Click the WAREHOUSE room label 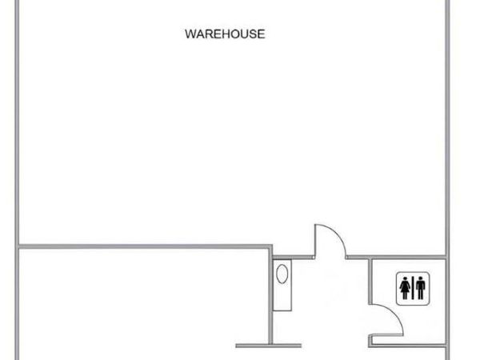225,34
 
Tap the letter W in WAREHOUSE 190,34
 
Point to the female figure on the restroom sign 405,288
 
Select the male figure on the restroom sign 421,288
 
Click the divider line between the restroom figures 413,288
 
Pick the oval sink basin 282,274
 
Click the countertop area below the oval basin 282,298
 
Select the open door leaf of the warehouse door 314,241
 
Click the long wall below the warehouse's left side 144,246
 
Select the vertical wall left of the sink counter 270,295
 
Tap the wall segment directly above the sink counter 293,258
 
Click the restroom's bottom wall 407,346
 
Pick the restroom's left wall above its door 370,281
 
